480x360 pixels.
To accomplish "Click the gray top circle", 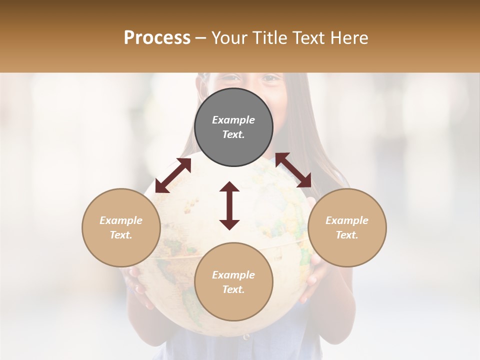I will click(233, 127).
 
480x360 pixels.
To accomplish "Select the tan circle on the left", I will click(121, 227).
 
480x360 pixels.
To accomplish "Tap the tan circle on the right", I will click(347, 227).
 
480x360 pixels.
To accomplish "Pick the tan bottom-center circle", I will click(233, 281).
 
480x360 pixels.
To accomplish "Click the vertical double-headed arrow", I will click(229, 205).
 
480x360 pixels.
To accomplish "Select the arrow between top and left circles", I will click(173, 175).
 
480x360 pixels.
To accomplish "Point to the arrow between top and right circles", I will click(293, 170).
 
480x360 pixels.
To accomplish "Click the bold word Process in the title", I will click(157, 37).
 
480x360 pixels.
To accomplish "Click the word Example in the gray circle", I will click(233, 120).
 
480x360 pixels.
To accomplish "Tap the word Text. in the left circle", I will click(121, 235).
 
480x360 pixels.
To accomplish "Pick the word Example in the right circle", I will click(347, 220).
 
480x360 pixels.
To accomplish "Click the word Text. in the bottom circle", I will click(233, 289).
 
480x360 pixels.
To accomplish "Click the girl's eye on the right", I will click(269, 78).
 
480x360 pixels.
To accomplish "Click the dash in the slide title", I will click(201, 38).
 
